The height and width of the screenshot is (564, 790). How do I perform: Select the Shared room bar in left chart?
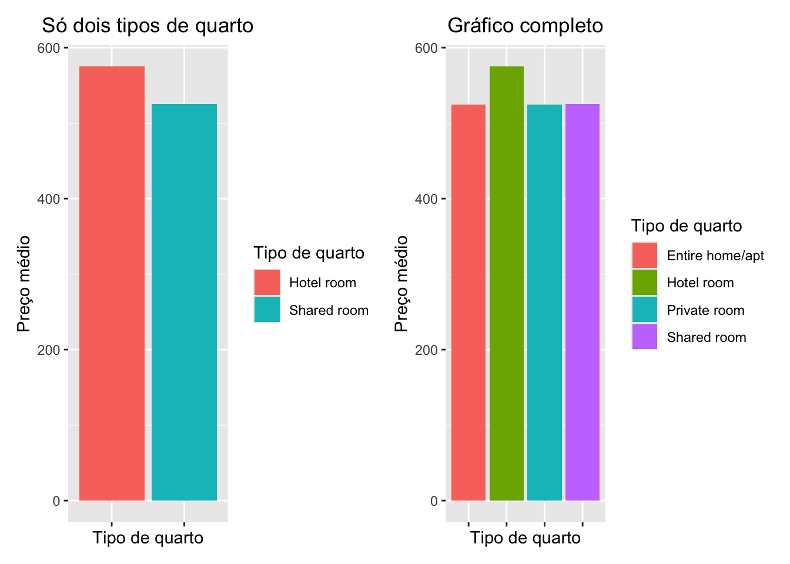click(184, 302)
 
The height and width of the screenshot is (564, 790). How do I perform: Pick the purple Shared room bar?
click(582, 302)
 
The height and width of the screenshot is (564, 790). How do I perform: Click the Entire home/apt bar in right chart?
click(468, 302)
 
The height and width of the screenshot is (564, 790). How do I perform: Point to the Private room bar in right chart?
click(544, 302)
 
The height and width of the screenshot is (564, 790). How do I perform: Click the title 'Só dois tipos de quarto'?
click(148, 26)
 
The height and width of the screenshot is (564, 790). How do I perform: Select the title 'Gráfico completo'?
click(525, 26)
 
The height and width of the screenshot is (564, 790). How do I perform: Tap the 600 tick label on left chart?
click(49, 48)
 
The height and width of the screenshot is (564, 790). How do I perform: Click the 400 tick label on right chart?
click(426, 199)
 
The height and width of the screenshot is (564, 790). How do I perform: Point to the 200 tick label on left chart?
click(49, 350)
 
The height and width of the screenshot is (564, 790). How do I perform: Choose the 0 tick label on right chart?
click(434, 501)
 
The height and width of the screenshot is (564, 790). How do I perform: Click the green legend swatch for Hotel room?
click(645, 283)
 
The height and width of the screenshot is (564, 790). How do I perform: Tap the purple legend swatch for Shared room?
click(645, 337)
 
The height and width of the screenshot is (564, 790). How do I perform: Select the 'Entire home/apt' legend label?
click(715, 256)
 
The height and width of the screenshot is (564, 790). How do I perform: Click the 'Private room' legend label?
click(705, 310)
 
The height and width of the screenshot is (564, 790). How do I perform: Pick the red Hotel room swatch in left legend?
click(267, 283)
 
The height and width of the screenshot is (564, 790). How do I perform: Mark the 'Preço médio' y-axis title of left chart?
click(24, 283)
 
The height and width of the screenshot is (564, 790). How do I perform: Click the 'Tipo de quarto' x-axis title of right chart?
click(525, 538)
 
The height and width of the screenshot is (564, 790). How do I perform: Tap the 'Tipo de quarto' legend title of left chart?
click(309, 253)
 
